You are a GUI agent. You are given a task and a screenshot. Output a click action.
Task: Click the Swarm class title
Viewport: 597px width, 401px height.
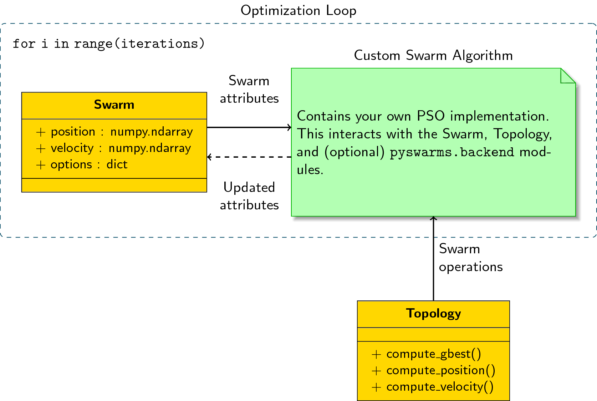[114, 105]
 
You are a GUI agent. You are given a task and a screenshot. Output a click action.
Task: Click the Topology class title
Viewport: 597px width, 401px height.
[433, 314]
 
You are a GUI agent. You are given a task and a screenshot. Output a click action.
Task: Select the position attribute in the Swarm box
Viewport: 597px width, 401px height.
[73, 132]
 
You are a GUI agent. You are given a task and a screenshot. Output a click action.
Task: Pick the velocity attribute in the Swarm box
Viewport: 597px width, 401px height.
[72, 148]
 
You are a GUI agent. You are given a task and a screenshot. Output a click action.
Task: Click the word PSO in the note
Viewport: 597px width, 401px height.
[431, 116]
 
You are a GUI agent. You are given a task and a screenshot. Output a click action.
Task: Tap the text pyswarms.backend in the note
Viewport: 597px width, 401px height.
[452, 152]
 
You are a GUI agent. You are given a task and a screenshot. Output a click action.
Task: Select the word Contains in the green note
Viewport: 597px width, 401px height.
[324, 116]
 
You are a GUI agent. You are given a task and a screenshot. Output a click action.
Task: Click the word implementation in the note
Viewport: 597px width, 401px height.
[499, 116]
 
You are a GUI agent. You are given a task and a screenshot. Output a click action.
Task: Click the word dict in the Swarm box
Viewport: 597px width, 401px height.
[117, 164]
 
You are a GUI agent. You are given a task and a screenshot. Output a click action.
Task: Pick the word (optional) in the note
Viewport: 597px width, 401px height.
[354, 152]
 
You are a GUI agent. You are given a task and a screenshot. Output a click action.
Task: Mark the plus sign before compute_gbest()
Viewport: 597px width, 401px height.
[376, 354]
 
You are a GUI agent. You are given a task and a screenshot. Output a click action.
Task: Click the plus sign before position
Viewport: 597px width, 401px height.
[41, 132]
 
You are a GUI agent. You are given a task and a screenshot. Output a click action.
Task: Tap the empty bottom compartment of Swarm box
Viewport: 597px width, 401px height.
[114, 185]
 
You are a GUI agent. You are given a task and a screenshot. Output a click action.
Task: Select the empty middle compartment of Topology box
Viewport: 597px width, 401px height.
[433, 335]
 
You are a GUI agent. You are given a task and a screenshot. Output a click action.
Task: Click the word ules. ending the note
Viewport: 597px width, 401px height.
[310, 170]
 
